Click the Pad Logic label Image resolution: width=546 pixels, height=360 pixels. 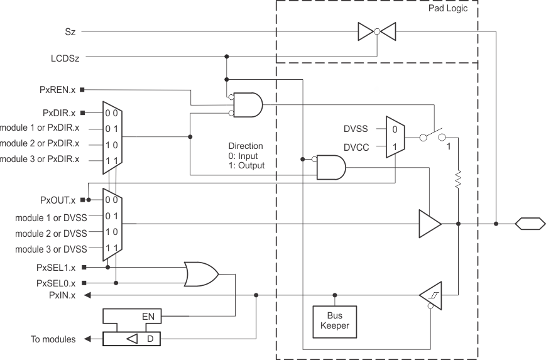(447, 9)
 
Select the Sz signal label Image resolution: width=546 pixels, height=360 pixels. (70, 30)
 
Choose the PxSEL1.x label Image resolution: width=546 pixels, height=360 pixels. (56, 267)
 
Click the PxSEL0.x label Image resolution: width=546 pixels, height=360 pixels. (56, 283)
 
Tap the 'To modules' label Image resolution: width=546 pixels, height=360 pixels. (53, 339)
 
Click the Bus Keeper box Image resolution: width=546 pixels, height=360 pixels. (335, 321)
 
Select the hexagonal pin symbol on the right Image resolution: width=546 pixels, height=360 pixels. (530, 223)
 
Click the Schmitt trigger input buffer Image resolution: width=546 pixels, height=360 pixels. (430, 295)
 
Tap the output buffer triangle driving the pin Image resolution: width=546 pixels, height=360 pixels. (429, 223)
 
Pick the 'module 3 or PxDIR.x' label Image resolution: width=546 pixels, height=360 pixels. (40, 160)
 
